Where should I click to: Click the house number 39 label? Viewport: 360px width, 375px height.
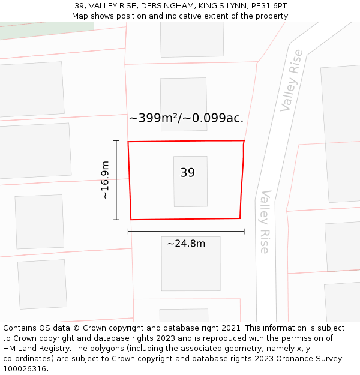pos(187,173)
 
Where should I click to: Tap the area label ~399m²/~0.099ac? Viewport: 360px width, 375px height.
pos(186,118)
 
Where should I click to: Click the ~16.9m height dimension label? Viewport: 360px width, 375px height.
pos(105,180)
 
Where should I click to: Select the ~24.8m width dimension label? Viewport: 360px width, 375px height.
pos(186,244)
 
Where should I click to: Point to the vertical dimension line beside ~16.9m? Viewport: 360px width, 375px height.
pos(116,180)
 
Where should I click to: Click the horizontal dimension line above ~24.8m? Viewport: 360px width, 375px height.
pos(186,231)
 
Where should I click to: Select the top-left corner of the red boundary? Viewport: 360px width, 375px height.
pos(128,142)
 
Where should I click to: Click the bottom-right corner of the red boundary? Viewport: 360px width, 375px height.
pos(240,218)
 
